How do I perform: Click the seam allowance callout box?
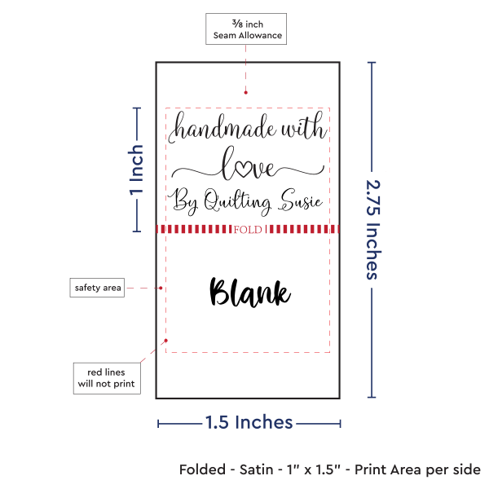pos(247,29)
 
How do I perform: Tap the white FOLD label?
pos(247,230)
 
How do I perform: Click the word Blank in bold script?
pos(250,293)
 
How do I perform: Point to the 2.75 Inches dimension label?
pos(372,230)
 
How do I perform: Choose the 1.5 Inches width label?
pos(249,422)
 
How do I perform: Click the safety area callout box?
pos(98,288)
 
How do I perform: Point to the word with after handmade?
pos(303,129)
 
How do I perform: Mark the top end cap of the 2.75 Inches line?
pos(372,64)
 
